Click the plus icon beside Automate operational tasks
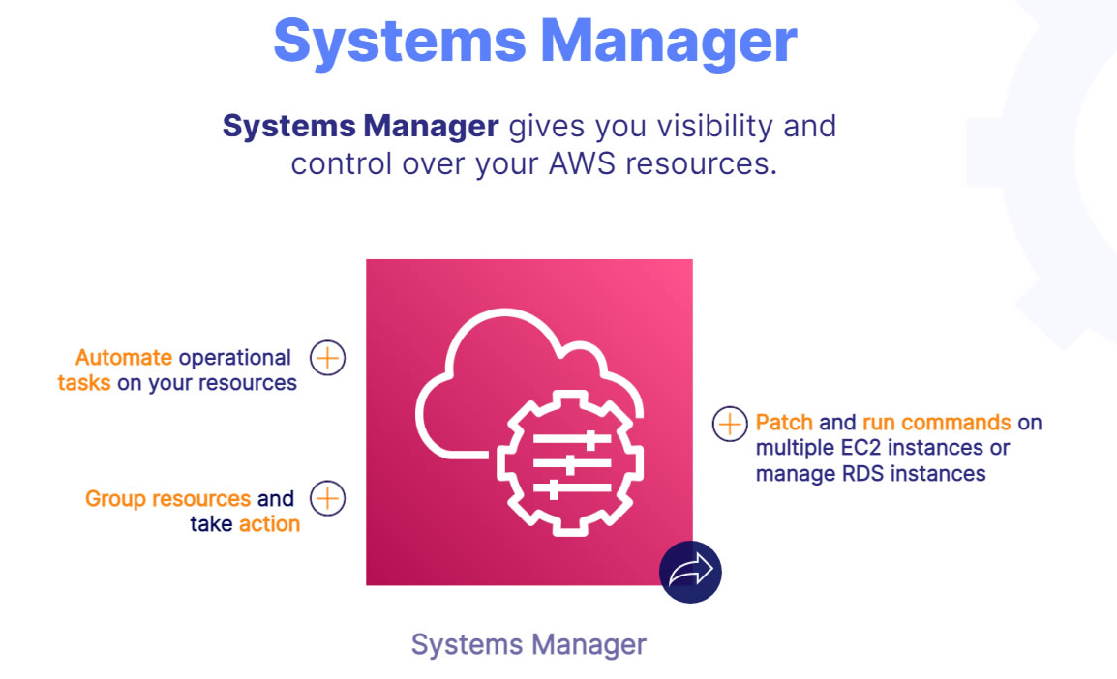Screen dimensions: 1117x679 328,357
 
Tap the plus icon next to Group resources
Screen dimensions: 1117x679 328,498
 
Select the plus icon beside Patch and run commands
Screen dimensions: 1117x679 730,425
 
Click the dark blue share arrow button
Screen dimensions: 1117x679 690,572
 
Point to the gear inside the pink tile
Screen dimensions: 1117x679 571,462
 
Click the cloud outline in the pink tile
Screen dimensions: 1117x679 528,383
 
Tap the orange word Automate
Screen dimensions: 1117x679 124,357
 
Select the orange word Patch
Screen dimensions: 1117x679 784,423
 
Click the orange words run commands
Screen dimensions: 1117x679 937,423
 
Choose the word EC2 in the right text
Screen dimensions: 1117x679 861,448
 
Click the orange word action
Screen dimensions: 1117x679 269,524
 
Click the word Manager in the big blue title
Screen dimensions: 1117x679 669,42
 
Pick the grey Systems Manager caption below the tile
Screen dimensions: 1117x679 528,645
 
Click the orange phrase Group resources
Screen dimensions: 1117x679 168,498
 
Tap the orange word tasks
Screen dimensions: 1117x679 84,383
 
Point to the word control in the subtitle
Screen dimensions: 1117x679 342,163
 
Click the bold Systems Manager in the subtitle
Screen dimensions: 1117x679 360,126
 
